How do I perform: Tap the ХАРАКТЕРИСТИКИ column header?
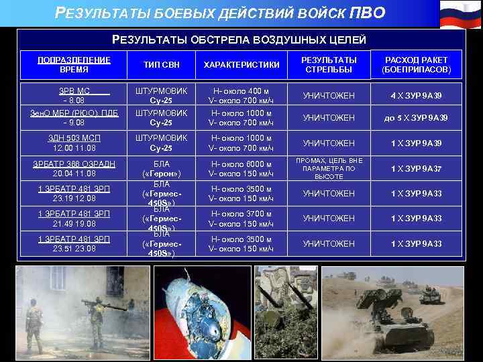point(242,64)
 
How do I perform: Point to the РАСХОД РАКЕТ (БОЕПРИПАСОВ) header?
point(416,64)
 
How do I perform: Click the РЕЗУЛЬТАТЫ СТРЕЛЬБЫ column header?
point(329,64)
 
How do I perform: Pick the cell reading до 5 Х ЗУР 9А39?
point(416,118)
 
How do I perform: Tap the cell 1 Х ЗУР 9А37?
point(416,168)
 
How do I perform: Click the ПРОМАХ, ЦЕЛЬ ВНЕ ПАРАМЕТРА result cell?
point(329,168)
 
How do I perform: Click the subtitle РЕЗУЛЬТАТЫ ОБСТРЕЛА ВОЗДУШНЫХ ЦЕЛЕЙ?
point(239,40)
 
